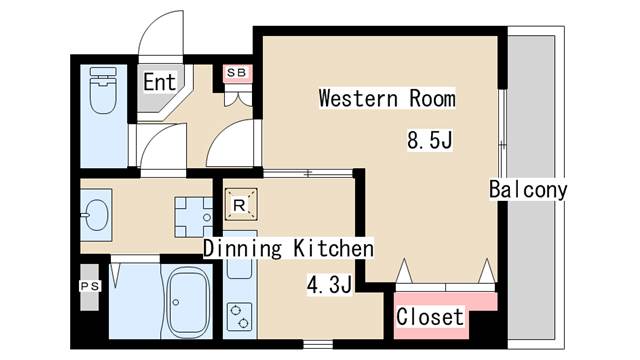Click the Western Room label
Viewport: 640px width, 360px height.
386,99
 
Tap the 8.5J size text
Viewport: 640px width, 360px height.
431,140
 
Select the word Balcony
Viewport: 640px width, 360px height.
528,190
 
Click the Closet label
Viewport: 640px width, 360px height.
430,317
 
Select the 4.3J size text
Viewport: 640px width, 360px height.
328,287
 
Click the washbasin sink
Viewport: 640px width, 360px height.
98,213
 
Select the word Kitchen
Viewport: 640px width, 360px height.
334,248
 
